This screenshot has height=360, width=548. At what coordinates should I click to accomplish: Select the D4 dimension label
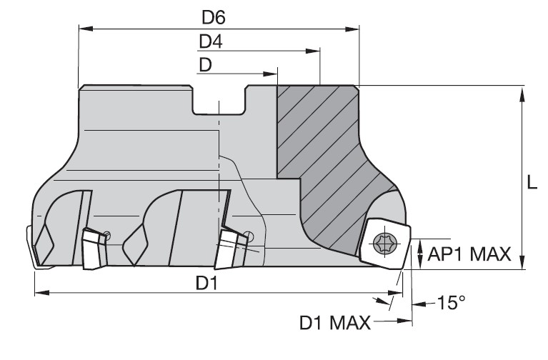pos(210,42)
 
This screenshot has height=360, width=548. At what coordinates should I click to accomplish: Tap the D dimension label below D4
pos(205,65)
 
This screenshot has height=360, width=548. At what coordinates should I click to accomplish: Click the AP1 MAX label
pos(469,253)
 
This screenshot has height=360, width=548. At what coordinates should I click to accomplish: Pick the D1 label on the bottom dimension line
pos(207,283)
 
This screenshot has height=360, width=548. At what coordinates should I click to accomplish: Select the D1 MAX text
pos(334,324)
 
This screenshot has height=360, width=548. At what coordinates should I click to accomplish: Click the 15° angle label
pos(451,303)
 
